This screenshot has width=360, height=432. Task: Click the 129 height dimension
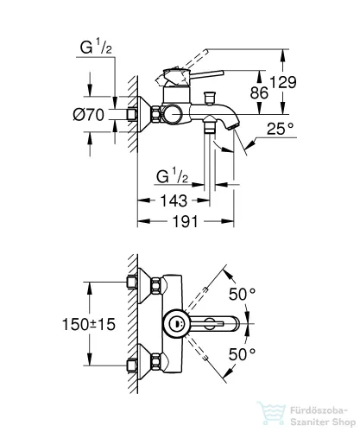click(283, 82)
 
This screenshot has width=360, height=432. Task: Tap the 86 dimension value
click(259, 92)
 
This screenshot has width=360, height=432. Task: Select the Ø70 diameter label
click(89, 115)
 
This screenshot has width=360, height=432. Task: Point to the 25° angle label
click(280, 129)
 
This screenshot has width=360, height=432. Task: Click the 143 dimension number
click(174, 200)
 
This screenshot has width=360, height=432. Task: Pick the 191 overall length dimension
click(186, 221)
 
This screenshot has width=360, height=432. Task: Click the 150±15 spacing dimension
click(89, 324)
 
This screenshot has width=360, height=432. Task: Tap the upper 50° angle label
click(242, 294)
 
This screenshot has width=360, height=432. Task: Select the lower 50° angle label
click(242, 354)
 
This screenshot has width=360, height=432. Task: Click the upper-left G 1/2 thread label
click(96, 47)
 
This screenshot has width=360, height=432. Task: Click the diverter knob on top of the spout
click(209, 98)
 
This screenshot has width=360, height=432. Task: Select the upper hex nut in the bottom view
click(155, 285)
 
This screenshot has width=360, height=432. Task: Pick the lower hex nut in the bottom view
click(155, 362)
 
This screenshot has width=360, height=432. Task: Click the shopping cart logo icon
click(271, 413)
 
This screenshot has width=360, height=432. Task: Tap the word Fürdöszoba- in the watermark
click(319, 410)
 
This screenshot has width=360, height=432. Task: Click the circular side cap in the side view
click(172, 115)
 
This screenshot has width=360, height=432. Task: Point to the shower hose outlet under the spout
click(209, 124)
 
